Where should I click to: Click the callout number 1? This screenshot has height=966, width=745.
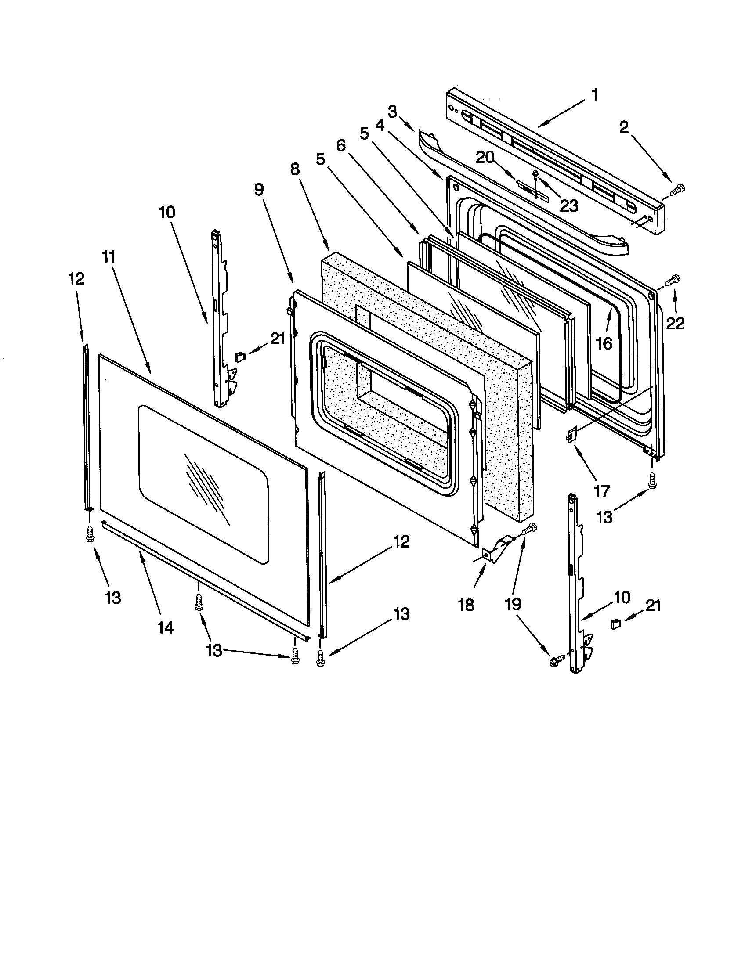(595, 94)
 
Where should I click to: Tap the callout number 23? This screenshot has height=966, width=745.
(569, 205)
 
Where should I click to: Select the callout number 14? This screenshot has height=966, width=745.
(166, 627)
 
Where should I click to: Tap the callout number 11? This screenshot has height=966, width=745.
(109, 256)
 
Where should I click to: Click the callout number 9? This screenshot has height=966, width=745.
(259, 189)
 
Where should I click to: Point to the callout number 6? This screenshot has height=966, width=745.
(341, 145)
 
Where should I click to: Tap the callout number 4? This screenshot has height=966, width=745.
(380, 125)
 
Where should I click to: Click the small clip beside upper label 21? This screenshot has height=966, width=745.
(240, 356)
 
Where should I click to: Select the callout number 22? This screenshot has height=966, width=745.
(675, 324)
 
